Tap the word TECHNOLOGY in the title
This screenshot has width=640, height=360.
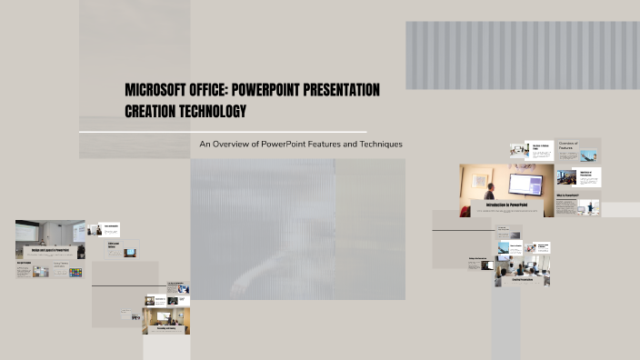coord(213,111)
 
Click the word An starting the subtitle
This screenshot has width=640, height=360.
coord(205,144)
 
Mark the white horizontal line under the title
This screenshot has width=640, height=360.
coord(223,132)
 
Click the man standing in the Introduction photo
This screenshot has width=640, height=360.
coord(491,192)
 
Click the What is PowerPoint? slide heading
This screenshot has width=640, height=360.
coord(568,195)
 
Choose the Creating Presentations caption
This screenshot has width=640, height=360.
coord(521,279)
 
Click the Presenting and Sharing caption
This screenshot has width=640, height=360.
coord(165,328)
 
